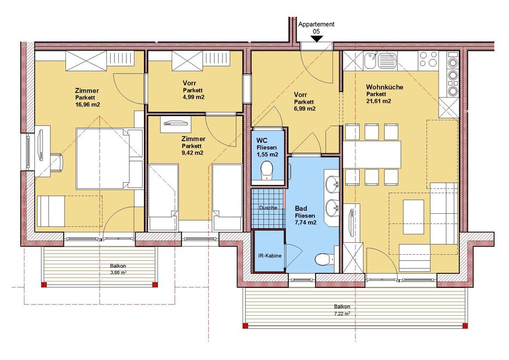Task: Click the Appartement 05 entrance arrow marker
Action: (316, 39)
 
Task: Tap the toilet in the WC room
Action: (267, 171)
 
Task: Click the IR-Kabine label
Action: (269, 255)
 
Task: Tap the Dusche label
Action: (268, 207)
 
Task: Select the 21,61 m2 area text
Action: (379, 101)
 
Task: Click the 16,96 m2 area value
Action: (87, 105)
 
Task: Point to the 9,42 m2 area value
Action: (192, 152)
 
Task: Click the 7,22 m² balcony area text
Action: (342, 314)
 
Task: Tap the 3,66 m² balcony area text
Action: (118, 272)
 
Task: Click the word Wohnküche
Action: (385, 87)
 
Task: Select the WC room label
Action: (262, 140)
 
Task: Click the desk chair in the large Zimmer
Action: (59, 161)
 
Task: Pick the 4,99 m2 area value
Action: (193, 97)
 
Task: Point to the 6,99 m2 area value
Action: (305, 109)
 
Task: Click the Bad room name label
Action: (301, 208)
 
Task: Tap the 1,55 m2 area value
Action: (267, 155)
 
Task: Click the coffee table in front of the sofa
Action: (413, 217)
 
